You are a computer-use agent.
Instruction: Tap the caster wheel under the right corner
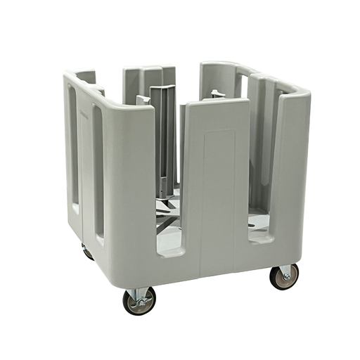tap(284, 276)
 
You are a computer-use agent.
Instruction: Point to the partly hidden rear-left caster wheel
tap(87, 251)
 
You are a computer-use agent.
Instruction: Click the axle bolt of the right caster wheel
tap(285, 277)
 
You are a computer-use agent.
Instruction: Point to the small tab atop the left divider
tap(143, 99)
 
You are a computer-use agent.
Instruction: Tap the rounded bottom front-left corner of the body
tap(120, 271)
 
